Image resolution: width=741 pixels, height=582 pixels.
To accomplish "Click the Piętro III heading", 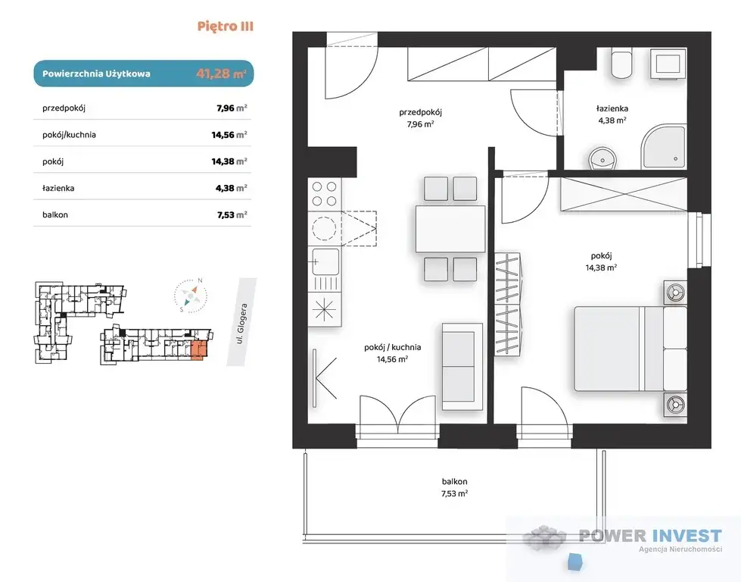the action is click(226, 26).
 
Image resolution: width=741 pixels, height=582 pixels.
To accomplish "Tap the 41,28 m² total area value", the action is click(221, 74).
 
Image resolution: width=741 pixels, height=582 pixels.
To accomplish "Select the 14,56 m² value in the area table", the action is click(229, 135).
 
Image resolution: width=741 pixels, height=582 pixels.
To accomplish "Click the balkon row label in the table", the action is click(55, 214).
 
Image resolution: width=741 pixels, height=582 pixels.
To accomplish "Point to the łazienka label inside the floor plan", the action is click(612, 108).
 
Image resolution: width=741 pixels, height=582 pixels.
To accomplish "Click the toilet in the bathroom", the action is click(624, 64).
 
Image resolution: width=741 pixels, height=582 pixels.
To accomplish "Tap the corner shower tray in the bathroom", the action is click(663, 147).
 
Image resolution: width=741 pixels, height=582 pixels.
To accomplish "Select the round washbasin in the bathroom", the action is click(602, 158).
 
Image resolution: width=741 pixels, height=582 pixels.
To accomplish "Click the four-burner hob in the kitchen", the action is click(325, 194).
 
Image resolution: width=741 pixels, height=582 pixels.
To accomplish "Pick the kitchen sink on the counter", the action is click(325, 261).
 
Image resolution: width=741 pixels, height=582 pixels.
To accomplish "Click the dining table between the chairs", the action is click(450, 229).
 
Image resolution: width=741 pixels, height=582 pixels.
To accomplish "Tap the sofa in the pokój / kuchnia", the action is click(462, 366).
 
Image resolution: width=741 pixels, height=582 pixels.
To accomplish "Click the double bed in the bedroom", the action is click(630, 349).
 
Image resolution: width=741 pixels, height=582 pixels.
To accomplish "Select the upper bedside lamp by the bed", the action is click(675, 293).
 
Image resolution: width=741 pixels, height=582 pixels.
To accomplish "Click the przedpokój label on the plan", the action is click(420, 113).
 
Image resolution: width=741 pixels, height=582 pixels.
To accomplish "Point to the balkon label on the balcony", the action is click(455, 482).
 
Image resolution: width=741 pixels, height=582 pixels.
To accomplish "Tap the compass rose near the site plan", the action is click(191, 296).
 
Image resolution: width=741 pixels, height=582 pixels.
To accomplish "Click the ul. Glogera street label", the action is click(242, 324).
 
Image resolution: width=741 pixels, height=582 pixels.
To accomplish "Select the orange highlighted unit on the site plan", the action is click(199, 351).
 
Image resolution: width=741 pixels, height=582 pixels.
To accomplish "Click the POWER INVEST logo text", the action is click(650, 536).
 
